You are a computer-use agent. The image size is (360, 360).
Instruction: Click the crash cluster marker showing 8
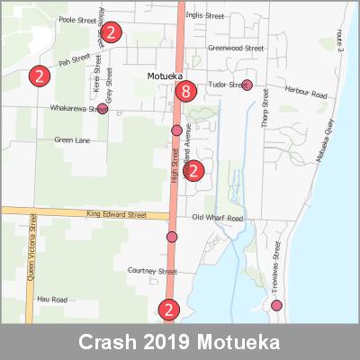click(186, 91)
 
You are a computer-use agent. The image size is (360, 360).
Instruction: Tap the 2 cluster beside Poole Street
click(110, 33)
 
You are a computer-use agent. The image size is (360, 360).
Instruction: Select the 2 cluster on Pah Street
click(39, 75)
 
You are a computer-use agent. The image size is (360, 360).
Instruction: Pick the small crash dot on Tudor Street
click(247, 85)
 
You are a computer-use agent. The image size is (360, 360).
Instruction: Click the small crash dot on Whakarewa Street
click(103, 109)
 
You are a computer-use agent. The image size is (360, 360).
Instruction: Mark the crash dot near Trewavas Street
click(276, 305)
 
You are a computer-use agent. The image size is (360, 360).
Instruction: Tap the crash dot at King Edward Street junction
click(172, 237)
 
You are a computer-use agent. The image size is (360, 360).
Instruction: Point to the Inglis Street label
click(207, 16)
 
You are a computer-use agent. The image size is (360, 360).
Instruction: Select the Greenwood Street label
click(235, 48)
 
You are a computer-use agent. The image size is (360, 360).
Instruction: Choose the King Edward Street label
click(116, 215)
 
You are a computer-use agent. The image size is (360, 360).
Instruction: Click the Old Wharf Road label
click(217, 219)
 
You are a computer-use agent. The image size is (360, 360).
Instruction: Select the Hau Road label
click(52, 298)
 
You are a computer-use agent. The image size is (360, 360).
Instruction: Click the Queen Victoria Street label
click(32, 243)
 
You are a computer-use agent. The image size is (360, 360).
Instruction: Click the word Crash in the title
click(107, 343)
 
